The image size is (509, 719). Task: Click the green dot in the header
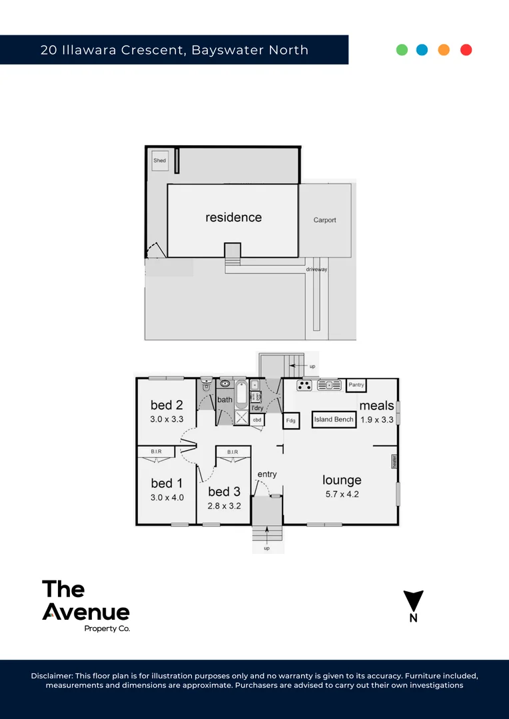click(x=402, y=50)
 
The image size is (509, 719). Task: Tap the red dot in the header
click(x=466, y=50)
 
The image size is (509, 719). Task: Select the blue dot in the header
click(x=422, y=50)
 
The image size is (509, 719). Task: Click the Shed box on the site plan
click(x=160, y=160)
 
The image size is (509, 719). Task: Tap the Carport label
click(x=325, y=220)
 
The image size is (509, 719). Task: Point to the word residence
click(x=233, y=218)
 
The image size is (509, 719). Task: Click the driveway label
click(x=316, y=270)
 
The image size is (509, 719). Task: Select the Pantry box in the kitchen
click(x=356, y=385)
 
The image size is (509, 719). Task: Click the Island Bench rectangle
click(x=334, y=420)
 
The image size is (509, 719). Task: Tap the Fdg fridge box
click(x=291, y=421)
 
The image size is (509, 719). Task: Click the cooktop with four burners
click(x=305, y=385)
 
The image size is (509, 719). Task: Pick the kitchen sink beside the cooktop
click(x=329, y=385)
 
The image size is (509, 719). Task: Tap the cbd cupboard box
click(x=256, y=420)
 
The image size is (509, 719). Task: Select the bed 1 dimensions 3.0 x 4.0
click(x=167, y=497)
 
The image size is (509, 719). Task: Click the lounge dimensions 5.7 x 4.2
click(x=342, y=494)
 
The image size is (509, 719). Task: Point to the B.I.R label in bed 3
click(x=233, y=453)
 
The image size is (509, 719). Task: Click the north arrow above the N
click(x=414, y=600)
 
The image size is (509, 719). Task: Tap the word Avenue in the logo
click(x=86, y=611)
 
